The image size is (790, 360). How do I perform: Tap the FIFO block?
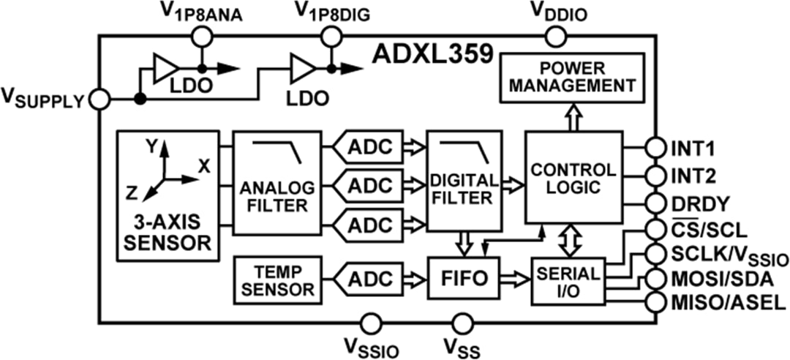464,279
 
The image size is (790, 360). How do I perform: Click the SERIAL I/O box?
568,281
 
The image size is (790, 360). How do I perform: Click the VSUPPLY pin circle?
99,99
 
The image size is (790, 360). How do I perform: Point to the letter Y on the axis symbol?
151,146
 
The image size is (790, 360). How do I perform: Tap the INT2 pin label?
693,176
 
